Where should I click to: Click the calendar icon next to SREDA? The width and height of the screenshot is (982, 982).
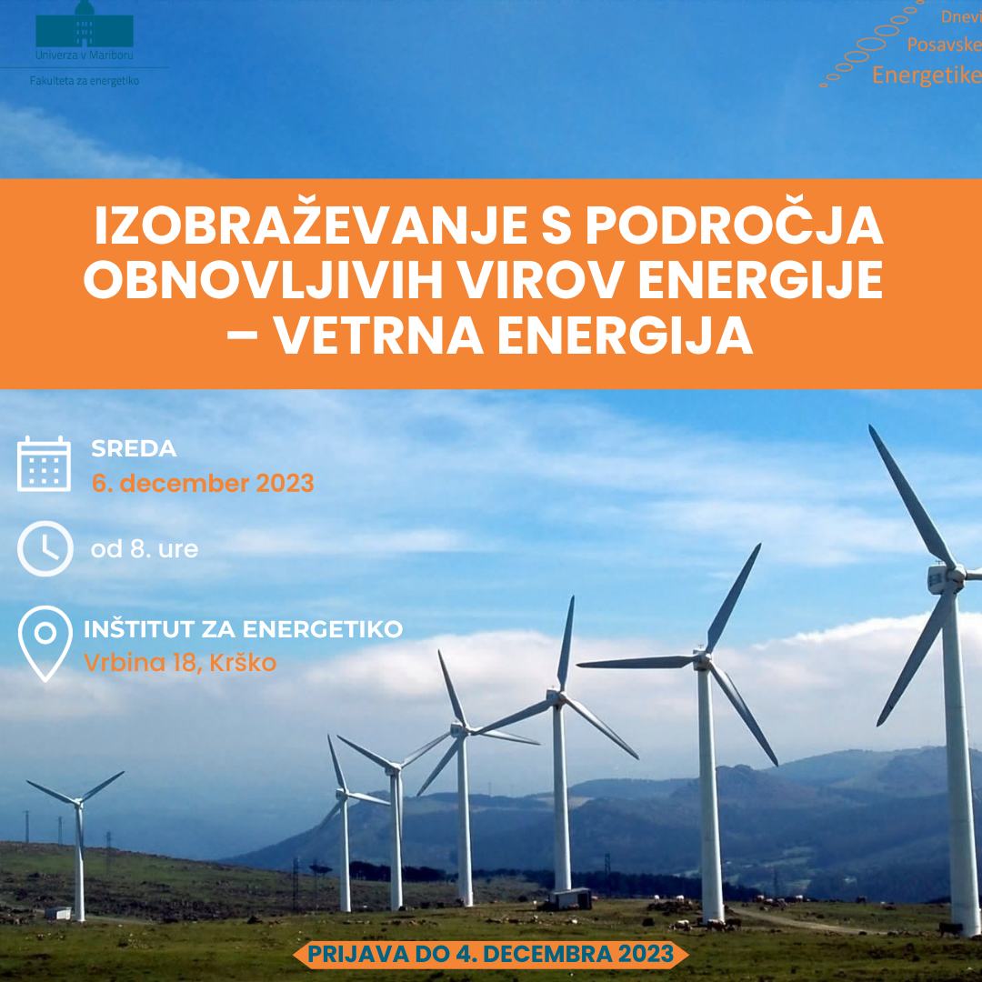pyautogui.click(x=44, y=464)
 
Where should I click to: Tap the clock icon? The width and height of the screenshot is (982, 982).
pyautogui.click(x=45, y=548)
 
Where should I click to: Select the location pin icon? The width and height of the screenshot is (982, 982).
pyautogui.click(x=45, y=643)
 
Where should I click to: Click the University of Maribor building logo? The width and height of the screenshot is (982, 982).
pyautogui.click(x=85, y=25)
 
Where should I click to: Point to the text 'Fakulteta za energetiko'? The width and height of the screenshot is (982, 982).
pyautogui.click(x=85, y=81)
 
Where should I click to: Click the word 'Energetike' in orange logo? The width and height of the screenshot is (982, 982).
pyautogui.click(x=927, y=75)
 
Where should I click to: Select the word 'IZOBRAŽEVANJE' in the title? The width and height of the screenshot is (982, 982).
pyautogui.click(x=311, y=225)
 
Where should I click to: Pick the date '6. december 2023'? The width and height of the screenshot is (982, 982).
pyautogui.click(x=203, y=484)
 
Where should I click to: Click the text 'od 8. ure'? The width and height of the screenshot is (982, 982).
pyautogui.click(x=145, y=549)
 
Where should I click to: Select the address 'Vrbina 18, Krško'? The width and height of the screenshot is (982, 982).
pyautogui.click(x=180, y=663)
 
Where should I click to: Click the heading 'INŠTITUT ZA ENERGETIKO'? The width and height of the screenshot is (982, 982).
pyautogui.click(x=243, y=629)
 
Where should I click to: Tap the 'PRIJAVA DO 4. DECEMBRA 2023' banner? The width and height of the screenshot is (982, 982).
pyautogui.click(x=491, y=954)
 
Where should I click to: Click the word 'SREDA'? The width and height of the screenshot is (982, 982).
pyautogui.click(x=134, y=448)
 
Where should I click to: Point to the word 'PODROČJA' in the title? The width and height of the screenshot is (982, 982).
pyautogui.click(x=734, y=225)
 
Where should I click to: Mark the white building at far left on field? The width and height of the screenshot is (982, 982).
pyautogui.click(x=58, y=913)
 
